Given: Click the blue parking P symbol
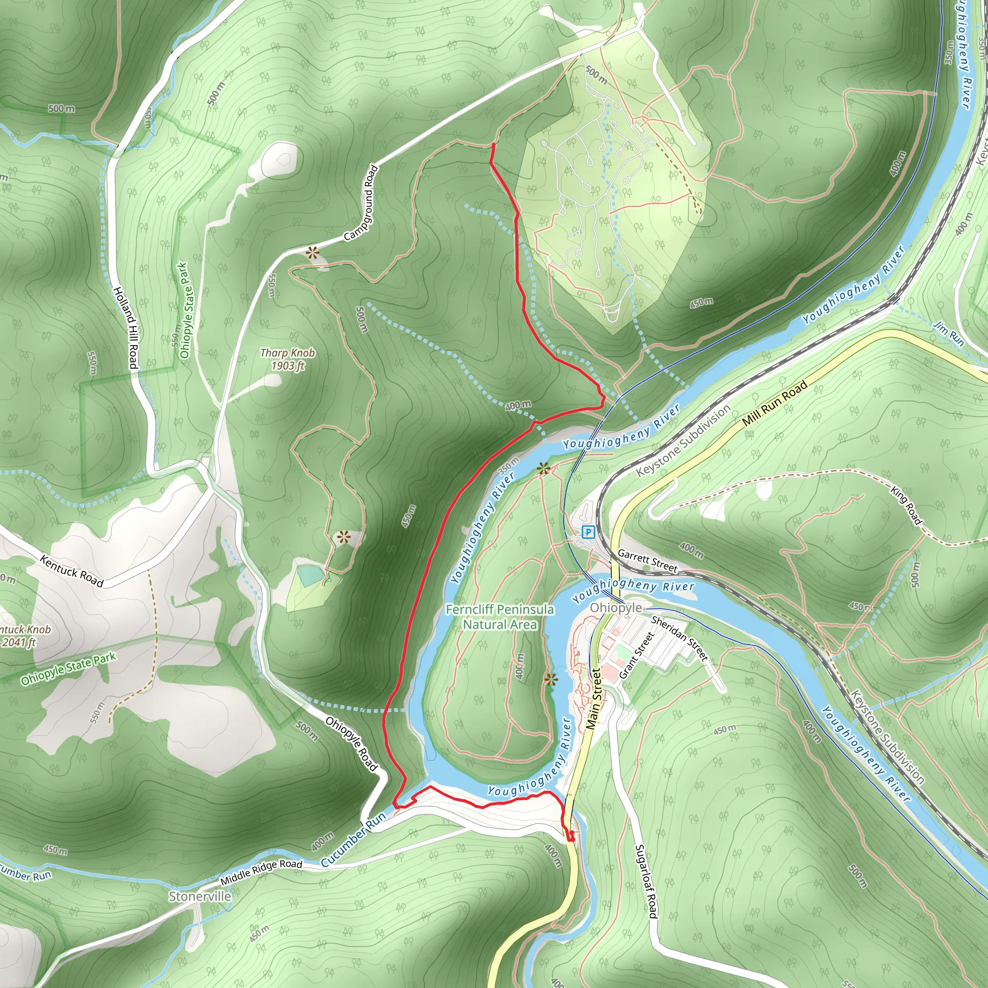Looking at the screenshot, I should tap(589, 533).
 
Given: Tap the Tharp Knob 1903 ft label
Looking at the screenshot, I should tap(288, 359).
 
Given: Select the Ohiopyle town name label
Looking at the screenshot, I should tap(616, 607).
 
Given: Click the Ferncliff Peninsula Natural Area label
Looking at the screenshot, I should tap(500, 617).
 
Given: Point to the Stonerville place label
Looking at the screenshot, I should tap(200, 896).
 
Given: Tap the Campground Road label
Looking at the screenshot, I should tap(361, 203).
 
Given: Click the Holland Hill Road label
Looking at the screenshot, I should tap(125, 327).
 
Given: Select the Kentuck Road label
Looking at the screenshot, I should tap(71, 572).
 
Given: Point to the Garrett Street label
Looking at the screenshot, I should tap(647, 561).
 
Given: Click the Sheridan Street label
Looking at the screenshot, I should tap(680, 638).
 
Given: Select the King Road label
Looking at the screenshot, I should tap(906, 506).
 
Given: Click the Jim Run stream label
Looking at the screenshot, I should tap(948, 334).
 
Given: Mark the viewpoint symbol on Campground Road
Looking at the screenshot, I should tap(312, 252).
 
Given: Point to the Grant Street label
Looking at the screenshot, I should tap(637, 655).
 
